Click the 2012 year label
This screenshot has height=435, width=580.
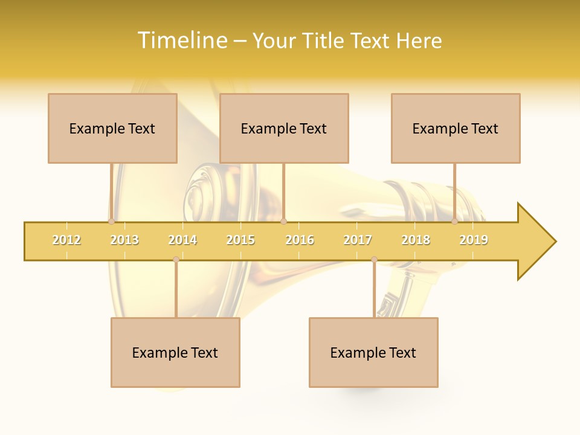[x=66, y=240]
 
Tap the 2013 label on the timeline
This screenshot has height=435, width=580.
[x=124, y=240]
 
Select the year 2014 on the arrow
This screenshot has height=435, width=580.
[x=182, y=240]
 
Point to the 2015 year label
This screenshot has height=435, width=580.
[x=240, y=240]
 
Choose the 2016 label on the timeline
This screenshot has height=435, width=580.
[x=300, y=240]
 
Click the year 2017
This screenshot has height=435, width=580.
[x=358, y=240]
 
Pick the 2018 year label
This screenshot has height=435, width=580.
[x=416, y=240]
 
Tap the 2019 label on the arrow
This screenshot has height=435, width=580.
[x=474, y=240]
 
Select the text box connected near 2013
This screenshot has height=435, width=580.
[x=112, y=128]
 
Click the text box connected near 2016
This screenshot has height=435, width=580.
[x=284, y=128]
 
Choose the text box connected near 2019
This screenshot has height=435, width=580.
[x=456, y=128]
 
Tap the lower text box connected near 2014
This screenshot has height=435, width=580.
[x=175, y=352]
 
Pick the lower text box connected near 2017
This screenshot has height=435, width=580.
[x=373, y=352]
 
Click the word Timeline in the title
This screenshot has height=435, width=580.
[x=182, y=40]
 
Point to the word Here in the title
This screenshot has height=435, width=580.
[x=419, y=40]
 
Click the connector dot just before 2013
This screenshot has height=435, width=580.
[x=111, y=222]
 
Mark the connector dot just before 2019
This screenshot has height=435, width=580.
[x=454, y=222]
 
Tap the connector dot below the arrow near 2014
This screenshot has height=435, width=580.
[x=176, y=259]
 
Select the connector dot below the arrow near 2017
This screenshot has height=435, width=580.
[x=374, y=259]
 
